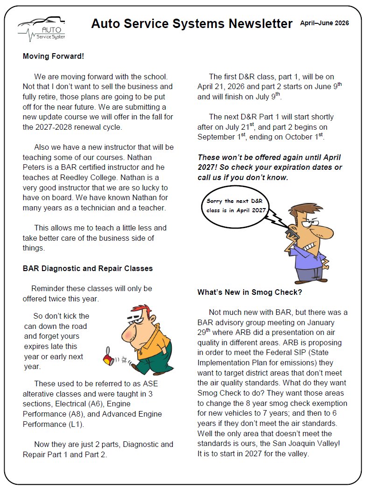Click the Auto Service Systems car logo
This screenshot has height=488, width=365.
coord(42,29)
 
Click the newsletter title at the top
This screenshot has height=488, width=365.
coord(192,24)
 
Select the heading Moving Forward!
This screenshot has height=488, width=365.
coord(53,56)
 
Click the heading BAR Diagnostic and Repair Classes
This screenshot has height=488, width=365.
coord(88,268)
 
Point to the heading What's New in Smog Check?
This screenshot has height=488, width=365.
coord(250,293)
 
